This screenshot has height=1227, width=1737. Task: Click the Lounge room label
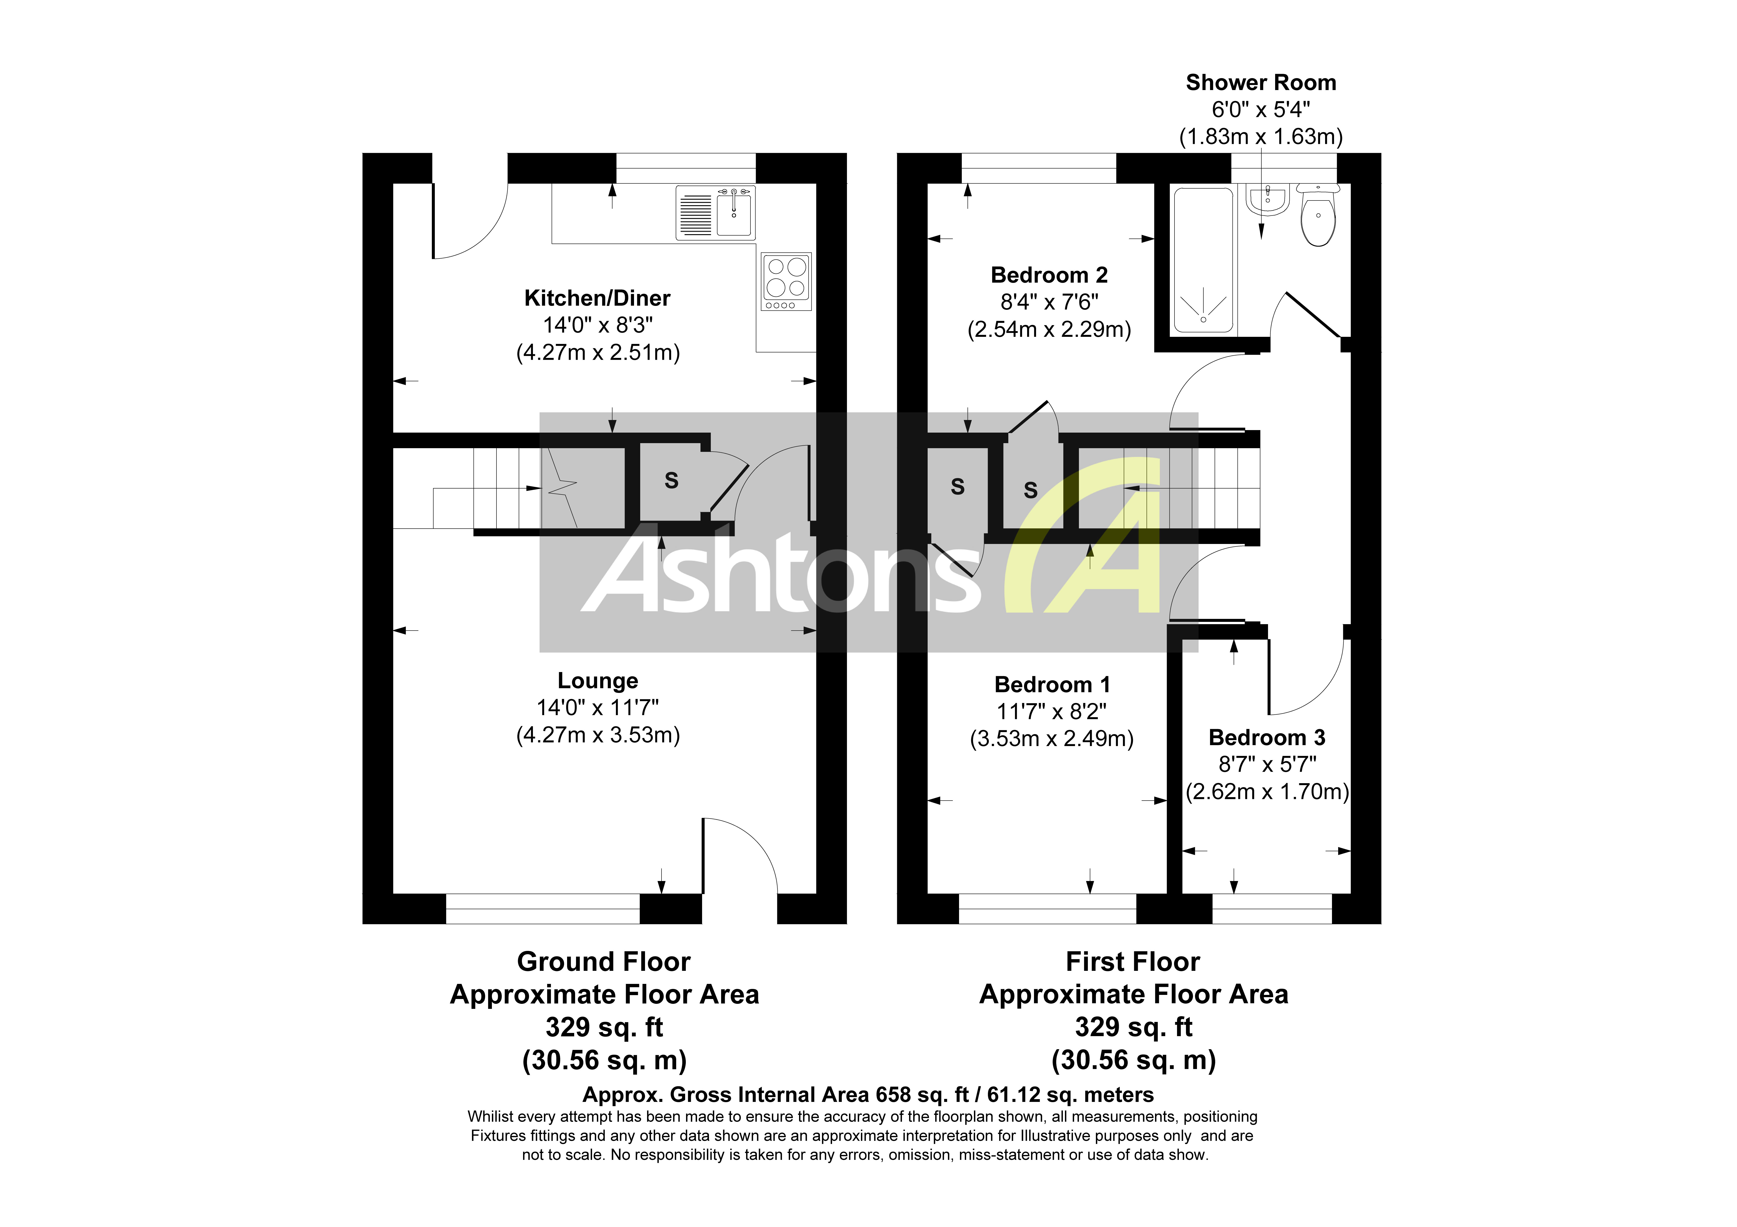598,681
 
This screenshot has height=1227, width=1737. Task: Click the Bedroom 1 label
1052,685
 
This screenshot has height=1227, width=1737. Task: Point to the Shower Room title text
1260,82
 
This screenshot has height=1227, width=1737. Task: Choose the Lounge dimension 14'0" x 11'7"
598,708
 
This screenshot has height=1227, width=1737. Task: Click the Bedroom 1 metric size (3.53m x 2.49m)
1052,738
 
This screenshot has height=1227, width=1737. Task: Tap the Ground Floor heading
604,961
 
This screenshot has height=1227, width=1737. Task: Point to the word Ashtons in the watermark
779,575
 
